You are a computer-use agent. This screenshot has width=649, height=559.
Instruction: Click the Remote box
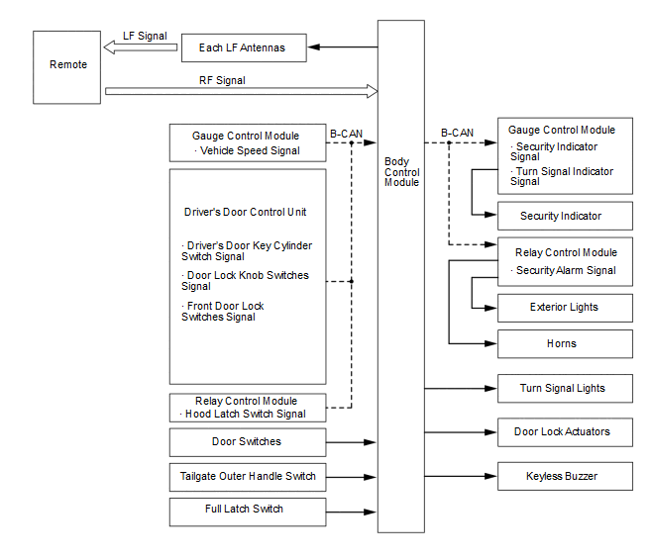pos(66,67)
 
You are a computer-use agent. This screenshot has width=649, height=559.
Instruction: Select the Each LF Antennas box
pos(244,47)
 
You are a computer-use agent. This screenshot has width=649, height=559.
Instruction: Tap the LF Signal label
pos(145,36)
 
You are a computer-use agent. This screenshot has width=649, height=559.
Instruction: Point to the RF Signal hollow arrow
pos(242,91)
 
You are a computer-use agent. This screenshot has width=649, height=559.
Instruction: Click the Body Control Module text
pos(401,172)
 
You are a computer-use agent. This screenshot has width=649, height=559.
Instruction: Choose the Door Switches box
pos(248,442)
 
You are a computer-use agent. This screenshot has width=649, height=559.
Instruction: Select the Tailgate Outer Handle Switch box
pos(248,477)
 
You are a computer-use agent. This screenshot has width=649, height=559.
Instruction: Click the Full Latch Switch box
pos(248,512)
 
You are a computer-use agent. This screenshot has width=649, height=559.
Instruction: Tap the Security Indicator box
pos(565,216)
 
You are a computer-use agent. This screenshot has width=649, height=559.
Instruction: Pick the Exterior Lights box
pos(565,308)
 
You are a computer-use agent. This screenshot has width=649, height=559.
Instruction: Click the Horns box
pos(565,343)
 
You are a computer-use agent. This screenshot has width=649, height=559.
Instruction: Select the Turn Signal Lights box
pos(565,389)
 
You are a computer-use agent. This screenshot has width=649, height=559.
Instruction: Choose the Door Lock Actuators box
pos(565,432)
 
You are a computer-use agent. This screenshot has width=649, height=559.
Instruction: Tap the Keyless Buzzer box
pos(565,476)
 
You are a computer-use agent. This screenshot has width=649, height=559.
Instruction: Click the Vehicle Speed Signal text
pos(250,150)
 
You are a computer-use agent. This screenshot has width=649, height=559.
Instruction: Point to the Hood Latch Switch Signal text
pos(245,414)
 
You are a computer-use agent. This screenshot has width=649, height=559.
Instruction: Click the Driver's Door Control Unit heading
pos(245,212)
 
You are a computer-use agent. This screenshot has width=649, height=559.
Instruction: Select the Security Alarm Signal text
pos(566,270)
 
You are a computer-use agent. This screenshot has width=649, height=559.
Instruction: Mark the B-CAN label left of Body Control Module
pos(346,134)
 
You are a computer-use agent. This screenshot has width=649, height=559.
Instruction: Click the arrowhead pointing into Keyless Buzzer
pos(490,476)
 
